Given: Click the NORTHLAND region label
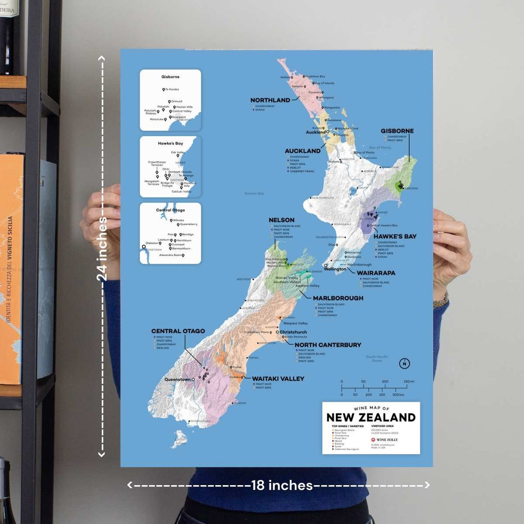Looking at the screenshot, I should pyautogui.click(x=270, y=100).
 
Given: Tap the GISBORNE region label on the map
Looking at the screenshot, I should pyautogui.click(x=397, y=131).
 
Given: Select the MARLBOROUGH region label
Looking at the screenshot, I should pyautogui.click(x=338, y=298).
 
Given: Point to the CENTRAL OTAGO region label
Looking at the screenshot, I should pyautogui.click(x=178, y=331).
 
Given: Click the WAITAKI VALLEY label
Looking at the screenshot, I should pyautogui.click(x=278, y=378).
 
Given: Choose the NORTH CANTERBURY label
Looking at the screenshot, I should pyautogui.click(x=328, y=345).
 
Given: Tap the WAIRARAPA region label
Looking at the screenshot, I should pyautogui.click(x=376, y=273).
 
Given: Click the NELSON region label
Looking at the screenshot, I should pyautogui.click(x=281, y=220).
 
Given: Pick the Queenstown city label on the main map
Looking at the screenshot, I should pyautogui.click(x=177, y=379).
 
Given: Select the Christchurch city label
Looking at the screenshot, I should pyautogui.click(x=294, y=332).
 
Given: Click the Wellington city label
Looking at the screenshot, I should pyautogui.click(x=335, y=269).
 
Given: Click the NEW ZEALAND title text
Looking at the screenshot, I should pyautogui.click(x=371, y=417).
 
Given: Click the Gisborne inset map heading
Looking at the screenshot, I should pyautogui.click(x=170, y=77).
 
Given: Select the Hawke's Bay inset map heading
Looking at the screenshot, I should pyautogui.click(x=170, y=144).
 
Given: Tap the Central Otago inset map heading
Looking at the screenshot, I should pyautogui.click(x=170, y=210).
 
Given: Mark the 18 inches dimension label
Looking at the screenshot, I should pyautogui.click(x=282, y=485).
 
